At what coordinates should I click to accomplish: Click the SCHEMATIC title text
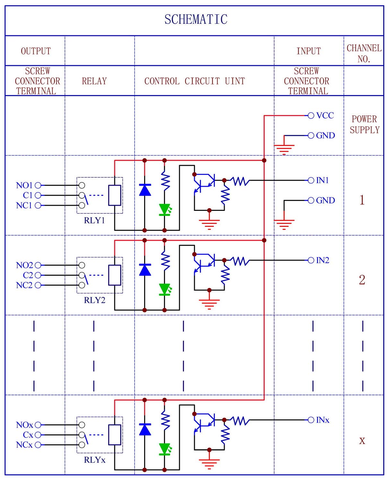196,20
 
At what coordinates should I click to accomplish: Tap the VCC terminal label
325,115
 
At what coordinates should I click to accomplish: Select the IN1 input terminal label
323,180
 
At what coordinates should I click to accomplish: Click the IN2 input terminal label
323,260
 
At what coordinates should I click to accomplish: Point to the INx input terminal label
323,420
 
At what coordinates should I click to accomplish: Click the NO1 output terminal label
24,185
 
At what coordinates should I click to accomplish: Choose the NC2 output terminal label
24,285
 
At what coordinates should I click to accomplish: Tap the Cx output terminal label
28,435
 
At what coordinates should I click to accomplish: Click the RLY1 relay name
94,220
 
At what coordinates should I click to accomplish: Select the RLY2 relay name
94,300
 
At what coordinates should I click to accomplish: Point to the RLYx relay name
94,460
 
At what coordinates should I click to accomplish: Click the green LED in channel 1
165,210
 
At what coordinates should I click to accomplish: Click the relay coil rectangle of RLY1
115,195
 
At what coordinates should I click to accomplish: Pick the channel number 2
362,280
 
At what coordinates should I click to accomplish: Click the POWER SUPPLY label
365,125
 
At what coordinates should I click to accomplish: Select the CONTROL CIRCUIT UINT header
195,81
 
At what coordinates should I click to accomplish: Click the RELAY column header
94,81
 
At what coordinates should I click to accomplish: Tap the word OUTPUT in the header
36,51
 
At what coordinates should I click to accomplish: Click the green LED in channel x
165,449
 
